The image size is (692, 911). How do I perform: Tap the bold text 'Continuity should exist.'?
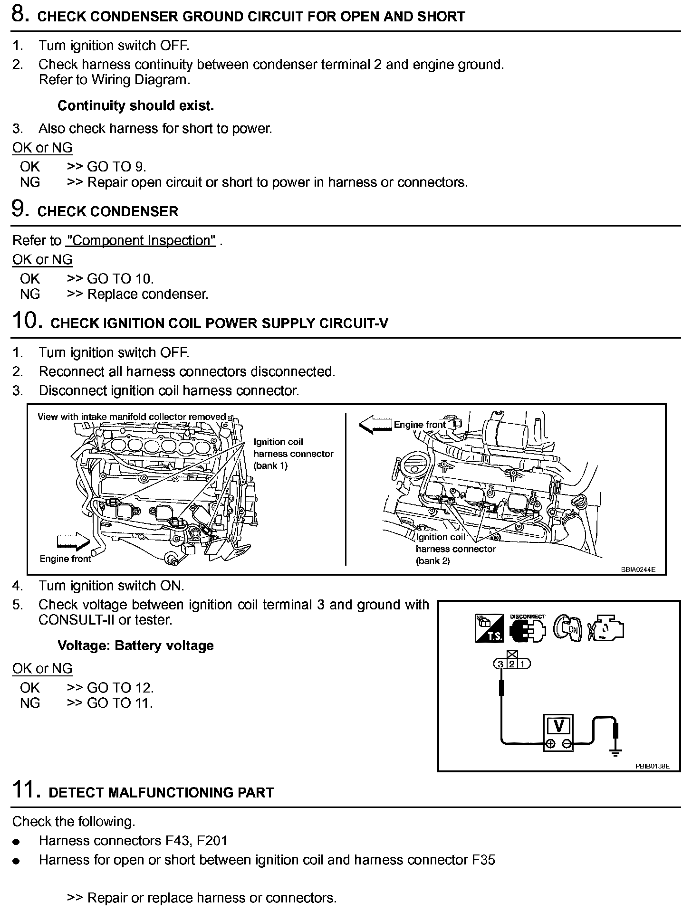pos(135,105)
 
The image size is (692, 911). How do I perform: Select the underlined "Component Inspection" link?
pos(141,240)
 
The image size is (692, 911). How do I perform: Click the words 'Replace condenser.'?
pos(148,294)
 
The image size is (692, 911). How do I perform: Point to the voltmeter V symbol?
pos(559,727)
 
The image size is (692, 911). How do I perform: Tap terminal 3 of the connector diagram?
pos(500,664)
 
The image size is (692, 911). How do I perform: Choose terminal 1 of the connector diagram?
pos(523,664)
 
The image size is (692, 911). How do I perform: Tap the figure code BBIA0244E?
pos(637,569)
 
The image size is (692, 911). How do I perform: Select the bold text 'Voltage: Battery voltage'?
pos(135,645)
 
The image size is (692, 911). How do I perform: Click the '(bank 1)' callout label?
pos(271,465)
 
